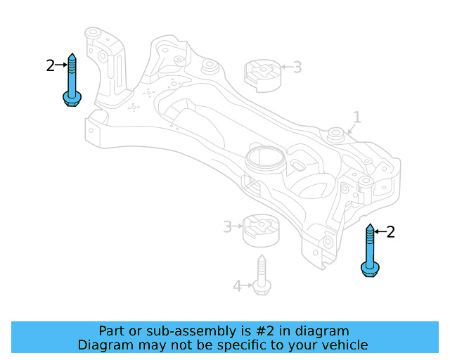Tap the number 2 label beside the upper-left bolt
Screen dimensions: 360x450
pyautogui.click(x=50, y=65)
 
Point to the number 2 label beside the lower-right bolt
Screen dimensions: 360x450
pyautogui.click(x=391, y=231)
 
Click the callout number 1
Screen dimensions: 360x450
pyautogui.click(x=356, y=117)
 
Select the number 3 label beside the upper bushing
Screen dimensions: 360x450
pyautogui.click(x=297, y=67)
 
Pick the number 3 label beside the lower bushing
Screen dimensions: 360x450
pyautogui.click(x=227, y=226)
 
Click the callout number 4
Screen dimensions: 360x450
pyautogui.click(x=237, y=285)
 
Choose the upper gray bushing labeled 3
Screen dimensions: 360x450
pyautogui.click(x=262, y=75)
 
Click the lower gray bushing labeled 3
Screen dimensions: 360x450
pyautogui.click(x=260, y=229)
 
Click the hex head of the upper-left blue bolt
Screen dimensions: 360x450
pyautogui.click(x=71, y=98)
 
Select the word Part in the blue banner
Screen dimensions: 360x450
pyautogui.click(x=112, y=330)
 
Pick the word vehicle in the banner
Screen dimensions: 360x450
pyautogui.click(x=342, y=345)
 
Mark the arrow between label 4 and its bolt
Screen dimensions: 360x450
pyautogui.click(x=247, y=285)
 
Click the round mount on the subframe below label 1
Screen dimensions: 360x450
pyautogui.click(x=337, y=132)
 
